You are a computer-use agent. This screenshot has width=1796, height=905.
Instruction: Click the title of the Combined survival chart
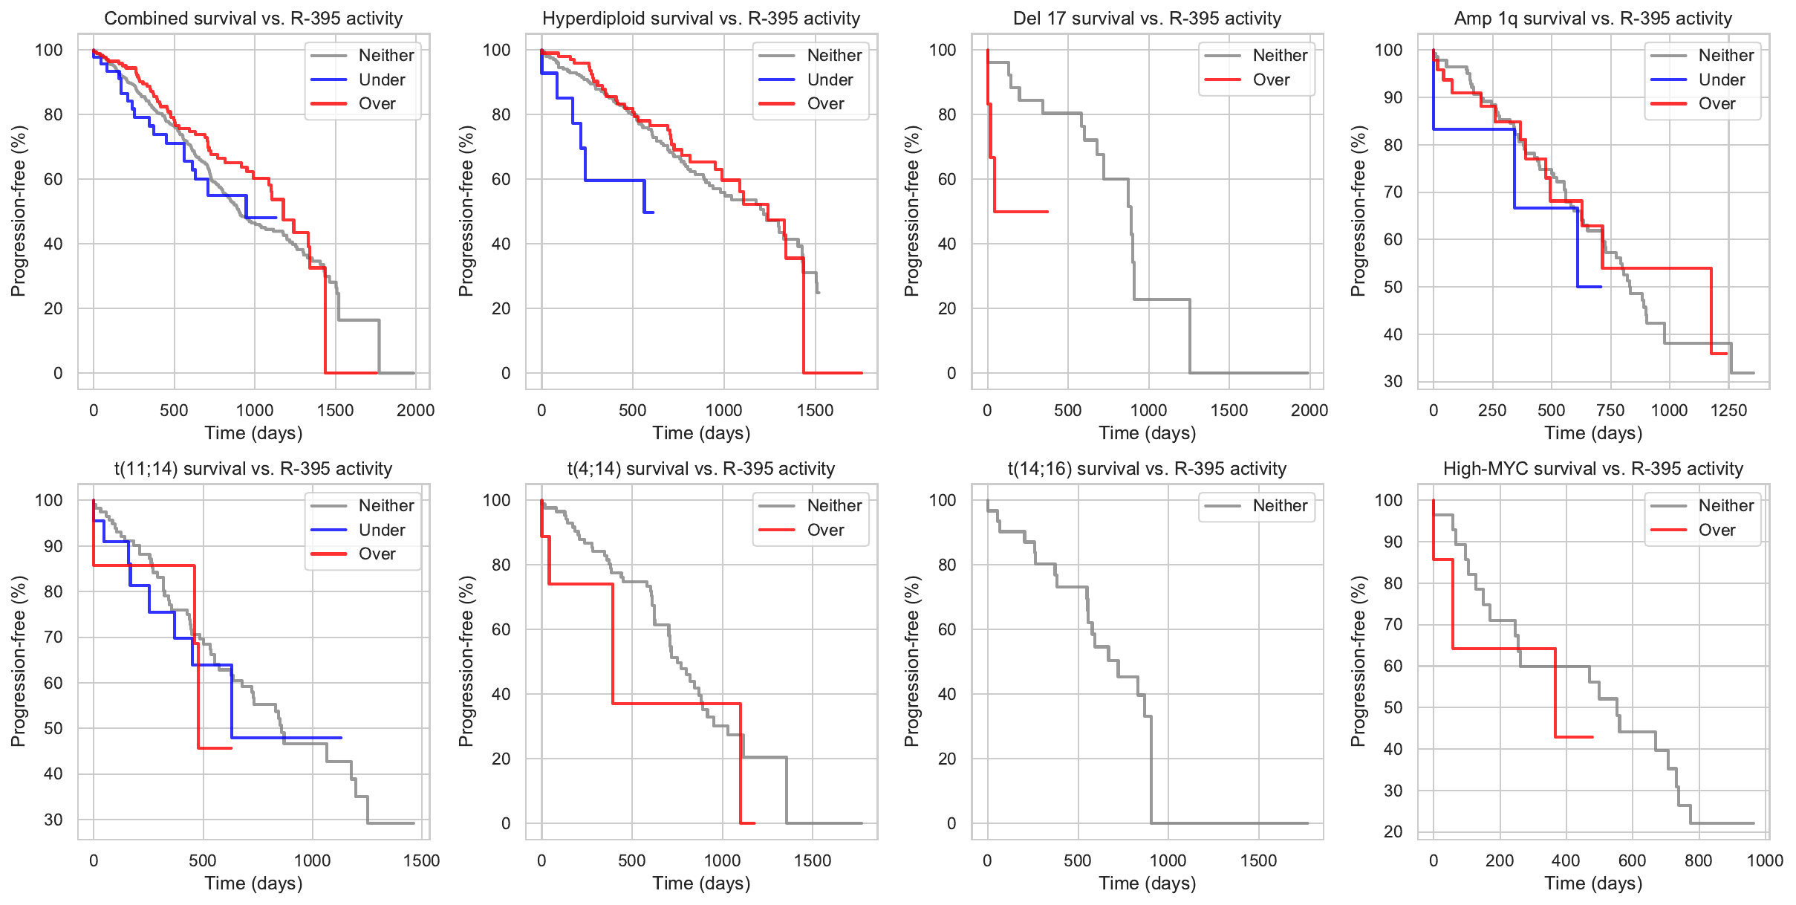click(253, 19)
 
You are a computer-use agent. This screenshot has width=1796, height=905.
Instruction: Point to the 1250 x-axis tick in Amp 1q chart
click(1728, 410)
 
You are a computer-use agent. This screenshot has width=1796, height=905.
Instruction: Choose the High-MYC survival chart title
click(1592, 469)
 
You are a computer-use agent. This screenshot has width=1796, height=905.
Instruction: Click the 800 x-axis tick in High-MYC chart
click(1698, 860)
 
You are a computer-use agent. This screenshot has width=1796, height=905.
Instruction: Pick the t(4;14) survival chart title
click(700, 469)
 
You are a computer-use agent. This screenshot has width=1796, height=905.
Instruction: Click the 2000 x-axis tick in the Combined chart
click(415, 410)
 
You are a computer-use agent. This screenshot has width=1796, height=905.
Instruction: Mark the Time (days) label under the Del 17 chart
click(1147, 433)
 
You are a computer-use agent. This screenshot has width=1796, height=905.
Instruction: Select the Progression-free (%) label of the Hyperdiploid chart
click(466, 211)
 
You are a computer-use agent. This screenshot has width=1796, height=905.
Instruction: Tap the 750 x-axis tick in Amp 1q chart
click(1610, 410)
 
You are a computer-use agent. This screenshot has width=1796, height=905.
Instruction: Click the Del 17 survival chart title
click(1147, 19)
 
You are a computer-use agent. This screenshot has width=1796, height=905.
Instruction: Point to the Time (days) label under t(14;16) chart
click(1147, 883)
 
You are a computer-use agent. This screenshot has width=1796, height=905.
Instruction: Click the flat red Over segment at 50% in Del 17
click(1021, 212)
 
